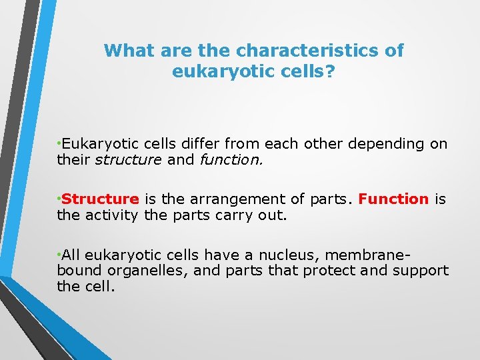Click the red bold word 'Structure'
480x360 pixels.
101,199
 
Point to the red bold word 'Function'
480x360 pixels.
393,199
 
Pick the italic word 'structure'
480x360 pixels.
127,160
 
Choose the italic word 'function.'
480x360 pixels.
229,160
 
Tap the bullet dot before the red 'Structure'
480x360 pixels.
59,199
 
